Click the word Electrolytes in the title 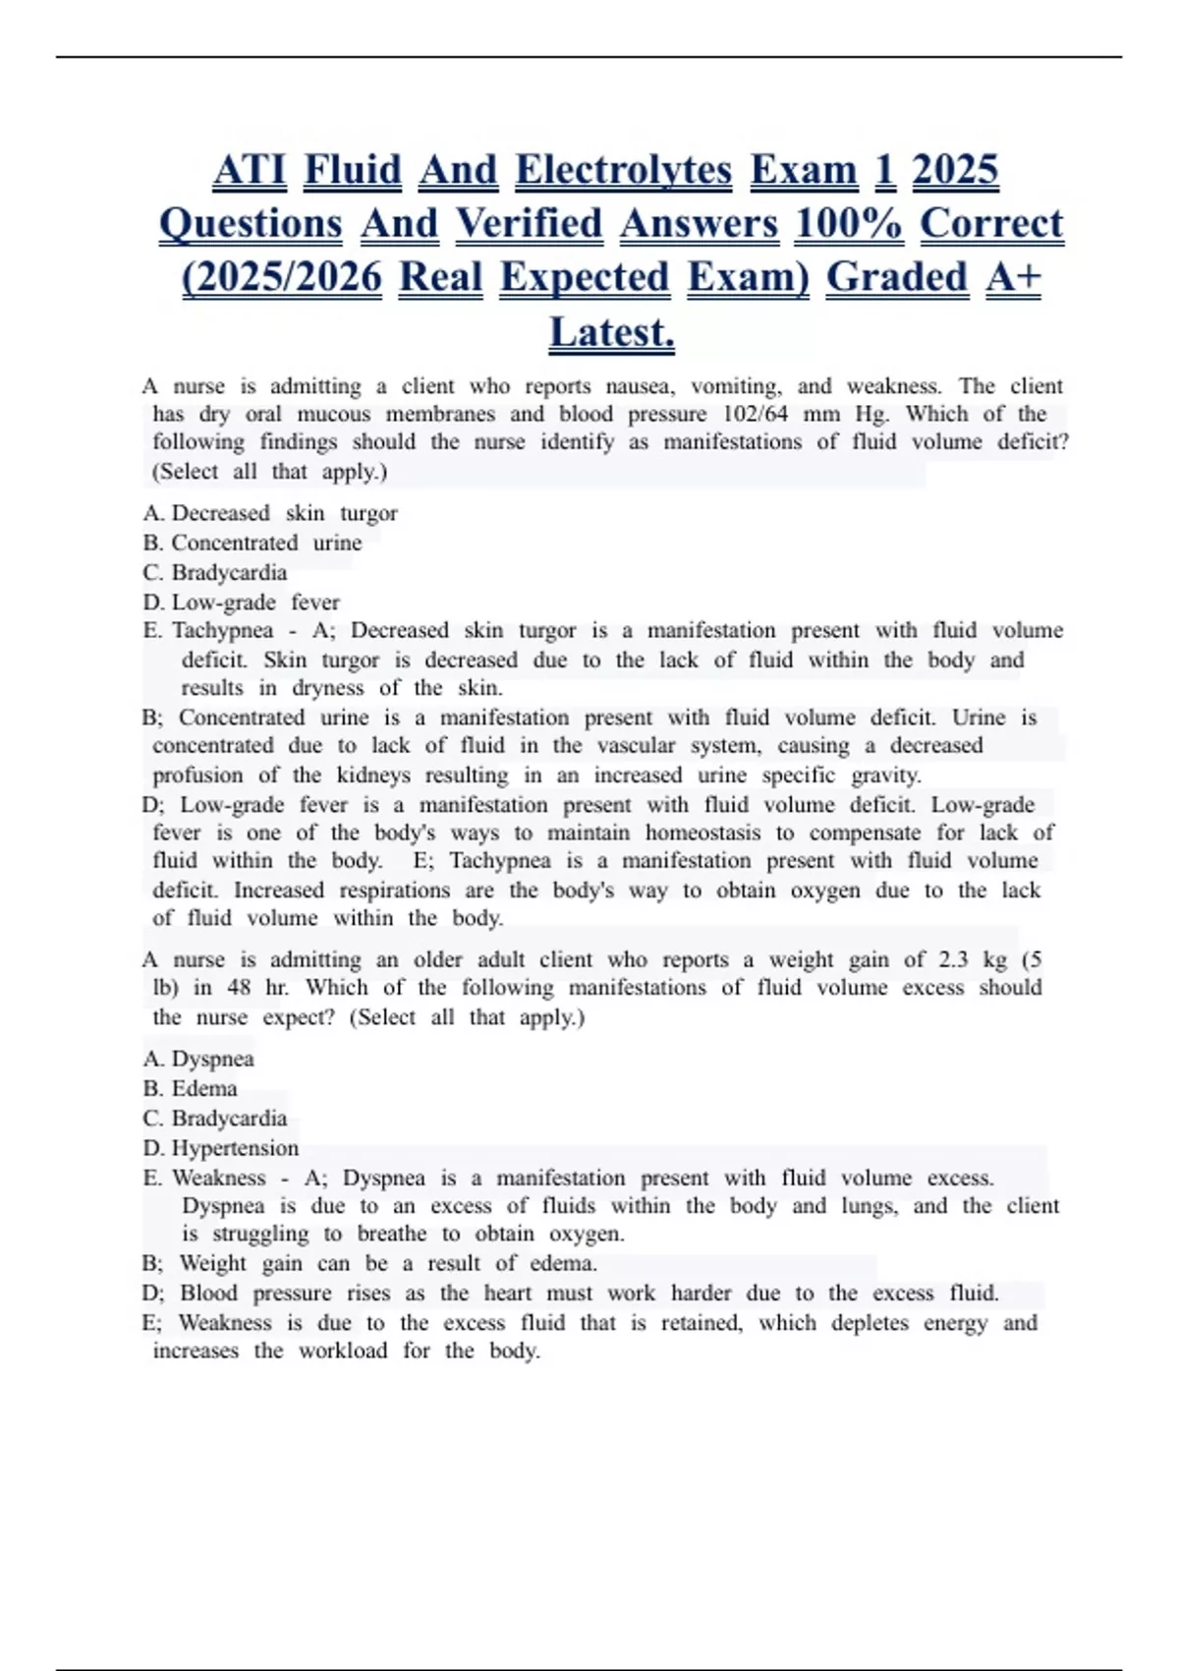point(623,170)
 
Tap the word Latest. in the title point(611,332)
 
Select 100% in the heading point(848,224)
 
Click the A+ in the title point(1013,278)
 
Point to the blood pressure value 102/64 point(755,414)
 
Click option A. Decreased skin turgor point(270,513)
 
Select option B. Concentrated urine point(253,543)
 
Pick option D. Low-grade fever point(242,602)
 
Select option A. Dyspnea point(198,1059)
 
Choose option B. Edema point(191,1088)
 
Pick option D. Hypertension point(221,1147)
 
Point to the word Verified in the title point(529,224)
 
